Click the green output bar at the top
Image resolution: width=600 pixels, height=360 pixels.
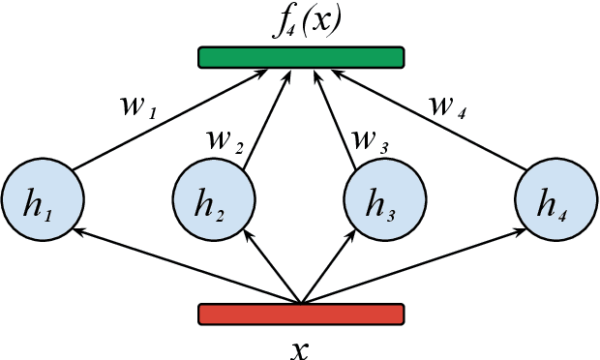click(x=301, y=58)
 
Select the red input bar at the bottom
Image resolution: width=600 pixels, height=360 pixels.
click(x=301, y=315)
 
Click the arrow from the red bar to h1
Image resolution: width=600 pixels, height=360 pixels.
click(x=184, y=265)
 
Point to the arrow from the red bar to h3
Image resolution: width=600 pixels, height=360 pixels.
click(x=329, y=267)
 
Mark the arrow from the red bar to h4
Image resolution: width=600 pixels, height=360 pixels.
click(x=416, y=265)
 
